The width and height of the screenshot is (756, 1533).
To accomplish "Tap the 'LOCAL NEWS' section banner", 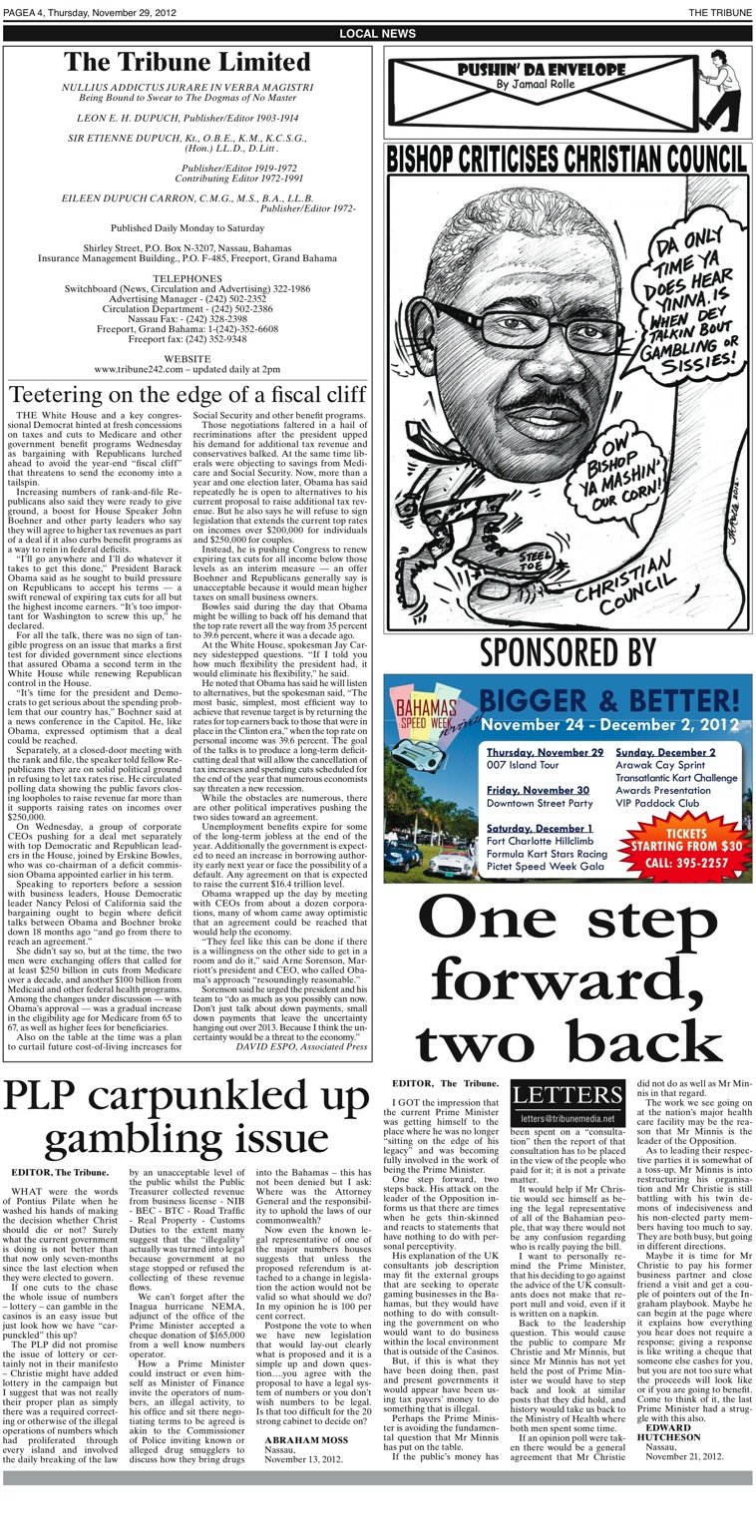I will click(x=378, y=34).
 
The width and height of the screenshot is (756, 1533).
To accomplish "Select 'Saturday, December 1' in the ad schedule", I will click(x=541, y=828).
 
